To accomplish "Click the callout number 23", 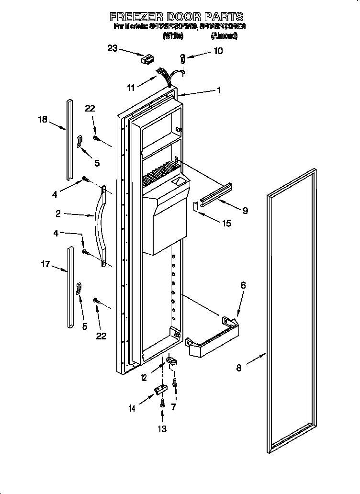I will tap(112, 48).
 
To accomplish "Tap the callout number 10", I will tap(218, 51).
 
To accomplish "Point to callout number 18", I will tap(43, 119).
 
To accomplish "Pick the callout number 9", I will tap(245, 210).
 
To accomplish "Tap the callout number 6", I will tap(243, 285).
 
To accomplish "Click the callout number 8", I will tap(239, 368).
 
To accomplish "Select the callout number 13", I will tap(162, 429).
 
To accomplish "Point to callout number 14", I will tap(132, 408).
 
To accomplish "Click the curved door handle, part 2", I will tap(102, 225).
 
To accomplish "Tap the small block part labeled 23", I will tap(146, 60).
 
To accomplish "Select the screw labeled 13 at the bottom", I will tap(163, 403).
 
